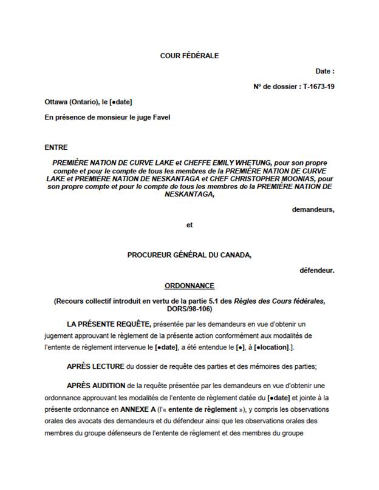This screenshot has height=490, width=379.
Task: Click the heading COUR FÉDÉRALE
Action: tap(189, 56)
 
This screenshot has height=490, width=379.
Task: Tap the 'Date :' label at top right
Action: tap(325, 72)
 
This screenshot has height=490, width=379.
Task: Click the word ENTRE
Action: tap(56, 147)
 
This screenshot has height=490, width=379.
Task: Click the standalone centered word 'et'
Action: tap(189, 224)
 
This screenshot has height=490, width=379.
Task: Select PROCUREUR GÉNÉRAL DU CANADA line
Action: tap(189, 255)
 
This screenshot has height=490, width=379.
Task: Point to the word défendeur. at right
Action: tap(316, 270)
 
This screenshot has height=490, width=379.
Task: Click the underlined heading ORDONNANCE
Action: tap(189, 285)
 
